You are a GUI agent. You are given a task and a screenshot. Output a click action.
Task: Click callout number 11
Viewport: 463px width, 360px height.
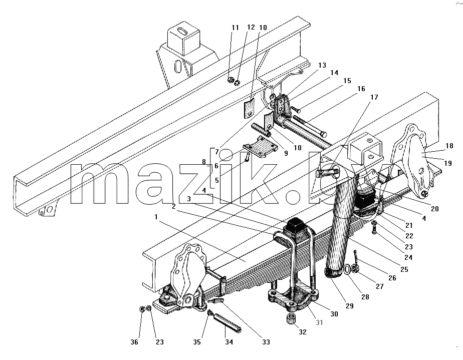(235, 28)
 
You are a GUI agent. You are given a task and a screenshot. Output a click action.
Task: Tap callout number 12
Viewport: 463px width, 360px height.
(251, 28)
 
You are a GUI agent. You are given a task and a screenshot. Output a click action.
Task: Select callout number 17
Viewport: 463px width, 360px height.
(374, 97)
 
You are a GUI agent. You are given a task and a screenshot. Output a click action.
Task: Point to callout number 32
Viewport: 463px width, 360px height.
(303, 332)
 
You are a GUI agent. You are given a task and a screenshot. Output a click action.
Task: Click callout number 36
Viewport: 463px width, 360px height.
(134, 342)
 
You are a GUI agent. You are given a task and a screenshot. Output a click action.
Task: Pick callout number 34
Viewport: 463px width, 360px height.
(229, 342)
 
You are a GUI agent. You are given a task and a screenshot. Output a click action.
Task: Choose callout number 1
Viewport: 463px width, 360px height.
(156, 217)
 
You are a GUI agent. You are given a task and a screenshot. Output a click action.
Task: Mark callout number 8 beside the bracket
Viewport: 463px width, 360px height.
(204, 162)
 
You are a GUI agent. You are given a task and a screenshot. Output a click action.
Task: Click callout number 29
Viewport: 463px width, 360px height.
(350, 306)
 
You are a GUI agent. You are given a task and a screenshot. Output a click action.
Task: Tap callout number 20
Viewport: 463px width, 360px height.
(434, 209)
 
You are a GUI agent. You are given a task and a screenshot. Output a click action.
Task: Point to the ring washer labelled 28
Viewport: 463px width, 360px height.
(348, 269)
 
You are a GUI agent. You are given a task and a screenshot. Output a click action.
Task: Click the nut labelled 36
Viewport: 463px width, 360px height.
(141, 309)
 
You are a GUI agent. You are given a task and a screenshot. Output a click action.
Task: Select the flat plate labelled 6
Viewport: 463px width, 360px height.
(260, 147)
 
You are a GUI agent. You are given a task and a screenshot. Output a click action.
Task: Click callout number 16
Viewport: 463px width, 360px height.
(361, 89)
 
